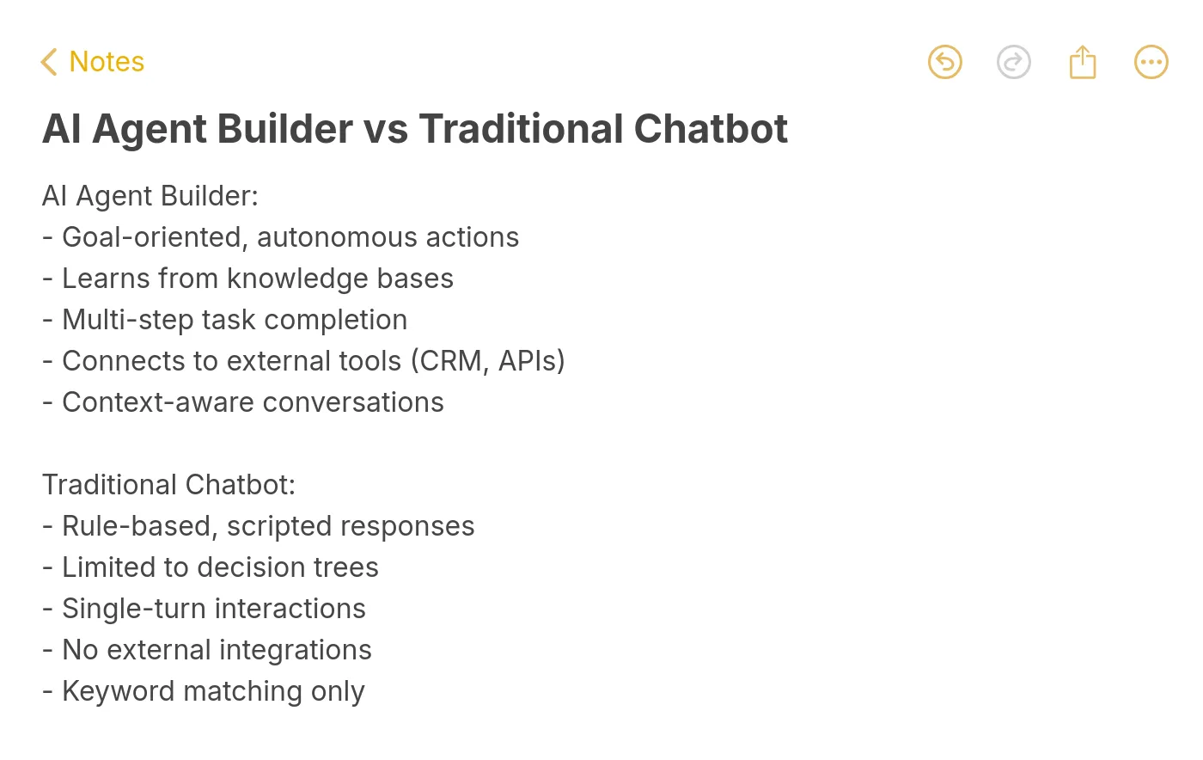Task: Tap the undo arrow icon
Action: (x=944, y=62)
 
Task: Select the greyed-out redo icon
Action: (x=1013, y=62)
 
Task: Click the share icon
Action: (x=1082, y=62)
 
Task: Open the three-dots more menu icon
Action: (x=1151, y=62)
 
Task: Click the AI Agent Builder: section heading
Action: (x=150, y=196)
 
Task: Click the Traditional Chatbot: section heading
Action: (x=168, y=485)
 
